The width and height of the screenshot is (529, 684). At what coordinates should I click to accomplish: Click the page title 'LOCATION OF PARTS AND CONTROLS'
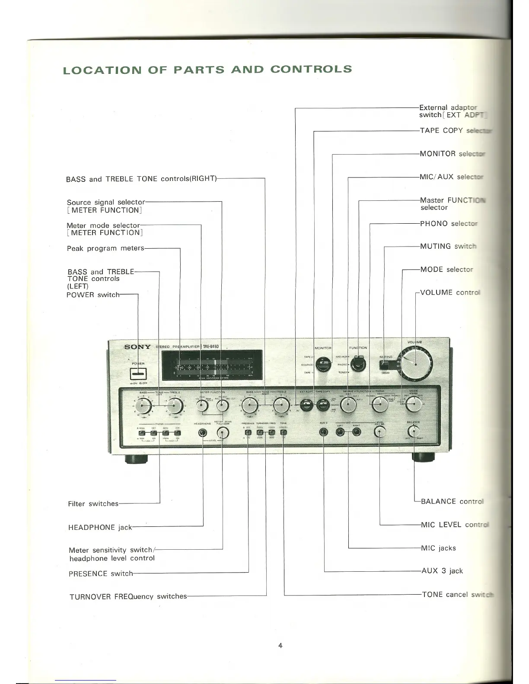coord(207,70)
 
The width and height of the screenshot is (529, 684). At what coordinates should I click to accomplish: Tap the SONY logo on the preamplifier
coord(137,347)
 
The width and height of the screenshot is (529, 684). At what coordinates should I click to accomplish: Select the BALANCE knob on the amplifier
coord(414,431)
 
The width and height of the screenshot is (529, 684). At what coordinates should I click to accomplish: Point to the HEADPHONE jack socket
coord(202,433)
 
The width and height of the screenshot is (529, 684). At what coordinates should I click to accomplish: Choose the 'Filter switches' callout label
coord(93,503)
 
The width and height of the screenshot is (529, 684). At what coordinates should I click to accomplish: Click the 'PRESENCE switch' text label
coord(101,573)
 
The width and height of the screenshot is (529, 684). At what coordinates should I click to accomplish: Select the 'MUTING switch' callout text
coord(448,246)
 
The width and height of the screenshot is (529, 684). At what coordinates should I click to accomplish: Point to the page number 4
coord(280,646)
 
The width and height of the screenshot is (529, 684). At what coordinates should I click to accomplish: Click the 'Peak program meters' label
coord(105,248)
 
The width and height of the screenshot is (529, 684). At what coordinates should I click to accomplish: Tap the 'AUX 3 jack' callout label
coord(442,571)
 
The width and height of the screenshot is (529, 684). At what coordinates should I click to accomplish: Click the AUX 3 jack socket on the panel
coord(324,432)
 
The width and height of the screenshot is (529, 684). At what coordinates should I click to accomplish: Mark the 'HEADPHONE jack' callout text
coord(100,527)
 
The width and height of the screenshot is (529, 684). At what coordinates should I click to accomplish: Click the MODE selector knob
coord(414,404)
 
